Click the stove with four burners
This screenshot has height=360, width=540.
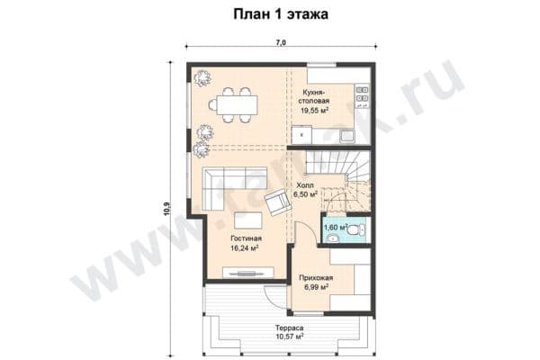coord(362,93)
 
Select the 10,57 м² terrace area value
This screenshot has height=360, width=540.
coord(288,338)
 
